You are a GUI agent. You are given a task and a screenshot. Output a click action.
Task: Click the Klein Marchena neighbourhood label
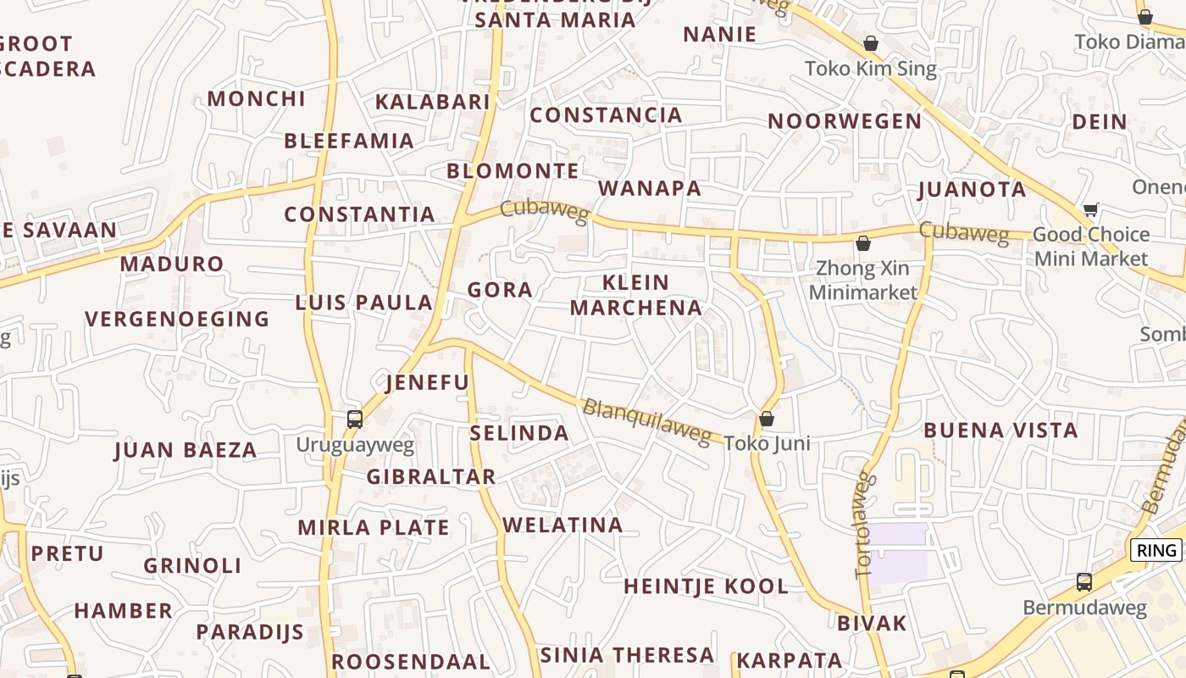click(635, 295)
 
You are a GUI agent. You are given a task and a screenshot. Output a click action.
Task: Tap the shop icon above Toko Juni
click(767, 419)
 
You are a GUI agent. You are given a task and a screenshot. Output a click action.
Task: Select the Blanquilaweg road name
click(646, 421)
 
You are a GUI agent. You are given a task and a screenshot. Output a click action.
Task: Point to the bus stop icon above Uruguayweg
click(355, 419)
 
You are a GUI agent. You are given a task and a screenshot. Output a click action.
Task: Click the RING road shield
click(1156, 550)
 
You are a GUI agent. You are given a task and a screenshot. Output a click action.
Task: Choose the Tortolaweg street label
click(864, 525)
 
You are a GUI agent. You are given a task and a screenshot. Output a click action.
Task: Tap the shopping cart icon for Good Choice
click(1090, 209)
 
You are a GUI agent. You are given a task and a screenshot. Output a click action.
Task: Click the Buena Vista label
click(1000, 430)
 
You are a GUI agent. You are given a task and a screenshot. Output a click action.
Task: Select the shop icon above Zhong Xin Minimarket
click(863, 244)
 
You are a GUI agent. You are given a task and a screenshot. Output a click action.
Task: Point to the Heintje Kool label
click(706, 586)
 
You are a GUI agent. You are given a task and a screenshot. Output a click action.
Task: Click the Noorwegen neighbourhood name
click(845, 121)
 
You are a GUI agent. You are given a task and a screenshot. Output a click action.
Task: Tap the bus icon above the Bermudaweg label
click(1083, 582)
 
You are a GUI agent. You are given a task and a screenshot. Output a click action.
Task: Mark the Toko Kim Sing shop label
click(870, 69)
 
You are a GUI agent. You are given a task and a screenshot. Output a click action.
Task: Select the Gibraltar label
click(430, 476)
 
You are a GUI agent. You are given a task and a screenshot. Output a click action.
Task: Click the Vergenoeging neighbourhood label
click(177, 320)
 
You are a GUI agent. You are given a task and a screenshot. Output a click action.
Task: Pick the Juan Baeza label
click(185, 450)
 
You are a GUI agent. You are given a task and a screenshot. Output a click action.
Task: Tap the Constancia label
click(606, 114)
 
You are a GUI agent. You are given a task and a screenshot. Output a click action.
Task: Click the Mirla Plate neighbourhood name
click(373, 527)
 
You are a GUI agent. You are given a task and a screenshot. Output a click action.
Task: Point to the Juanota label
click(972, 189)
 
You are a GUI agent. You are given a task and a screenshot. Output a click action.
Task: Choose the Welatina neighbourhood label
click(563, 525)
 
